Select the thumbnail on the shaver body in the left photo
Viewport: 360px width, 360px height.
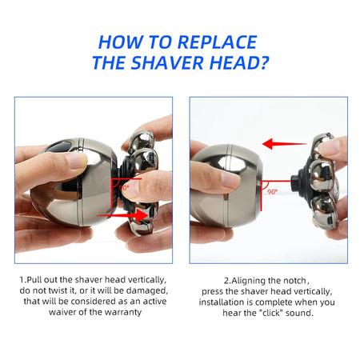[x=77, y=160]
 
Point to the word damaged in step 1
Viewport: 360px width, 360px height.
[x=146, y=290]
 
